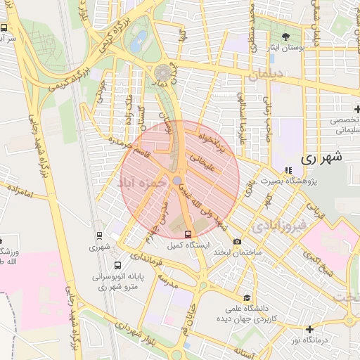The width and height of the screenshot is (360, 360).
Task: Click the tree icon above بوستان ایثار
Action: tap(285, 37)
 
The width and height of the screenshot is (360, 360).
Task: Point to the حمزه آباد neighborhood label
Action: tap(142, 182)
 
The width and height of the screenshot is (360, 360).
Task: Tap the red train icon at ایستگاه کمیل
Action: tap(188, 234)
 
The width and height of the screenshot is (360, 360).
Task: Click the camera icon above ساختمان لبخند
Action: tap(237, 241)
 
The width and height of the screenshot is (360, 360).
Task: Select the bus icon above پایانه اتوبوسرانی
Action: tap(117, 266)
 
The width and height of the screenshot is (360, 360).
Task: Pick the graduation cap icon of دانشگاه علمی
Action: tap(246, 297)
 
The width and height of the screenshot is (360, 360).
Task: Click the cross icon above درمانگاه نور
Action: tap(309, 329)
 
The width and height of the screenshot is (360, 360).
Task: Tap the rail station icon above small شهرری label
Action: tap(99, 236)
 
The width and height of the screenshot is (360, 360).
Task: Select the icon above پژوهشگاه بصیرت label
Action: tap(288, 170)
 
